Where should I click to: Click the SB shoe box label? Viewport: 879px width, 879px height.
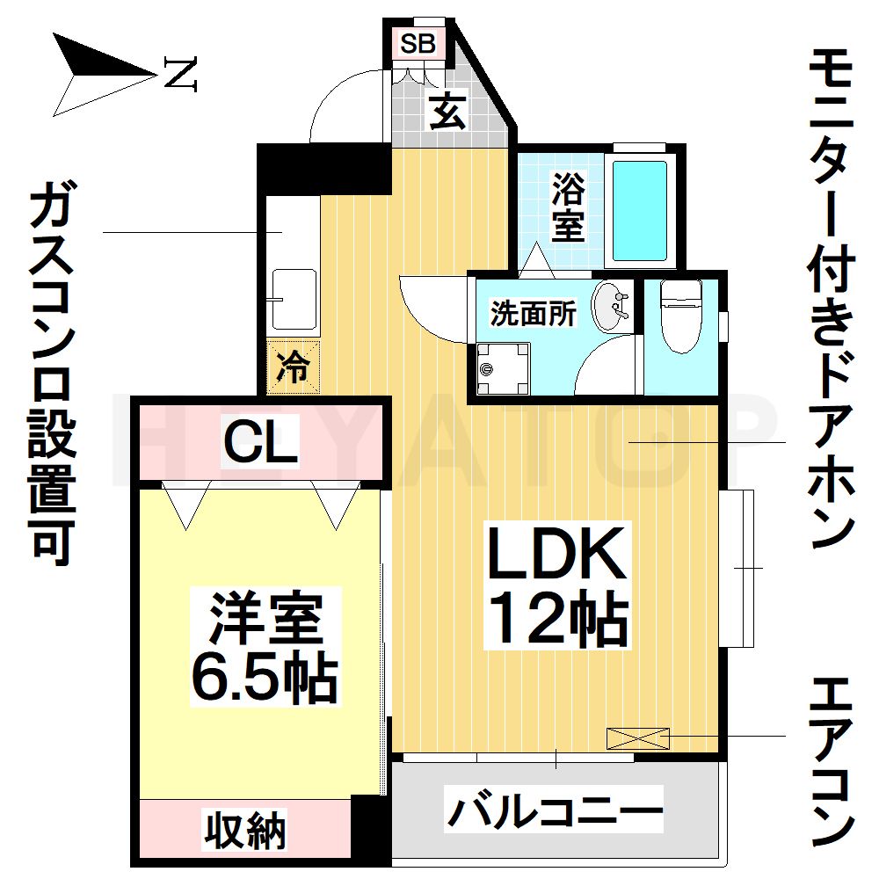tap(418, 43)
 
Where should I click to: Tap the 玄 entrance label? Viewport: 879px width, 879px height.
tap(447, 111)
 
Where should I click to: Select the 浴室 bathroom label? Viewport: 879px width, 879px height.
tap(568, 207)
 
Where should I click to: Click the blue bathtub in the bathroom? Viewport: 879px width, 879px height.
tap(640, 211)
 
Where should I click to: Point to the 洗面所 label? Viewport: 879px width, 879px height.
tap(534, 314)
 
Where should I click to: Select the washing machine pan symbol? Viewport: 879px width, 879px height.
tap(502, 369)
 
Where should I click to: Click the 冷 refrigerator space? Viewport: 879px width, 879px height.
tap(293, 367)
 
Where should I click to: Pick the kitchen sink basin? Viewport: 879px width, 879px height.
tap(294, 300)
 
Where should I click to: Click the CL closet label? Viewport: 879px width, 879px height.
tap(260, 443)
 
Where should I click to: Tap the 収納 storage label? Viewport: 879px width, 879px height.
tap(244, 829)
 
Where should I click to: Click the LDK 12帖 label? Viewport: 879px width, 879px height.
tap(557, 585)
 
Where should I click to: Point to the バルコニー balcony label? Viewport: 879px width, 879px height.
tap(554, 810)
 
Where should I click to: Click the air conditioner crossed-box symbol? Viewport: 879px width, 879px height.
tap(638, 738)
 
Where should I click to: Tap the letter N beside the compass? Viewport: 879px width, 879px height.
tap(180, 74)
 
